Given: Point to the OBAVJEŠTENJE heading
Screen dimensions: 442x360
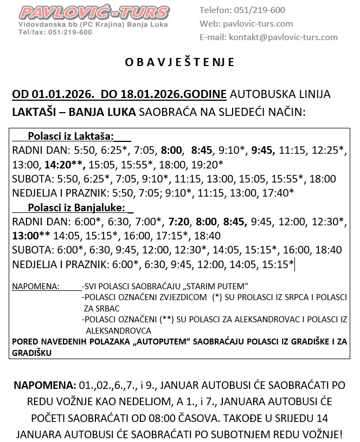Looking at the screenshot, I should (x=180, y=62).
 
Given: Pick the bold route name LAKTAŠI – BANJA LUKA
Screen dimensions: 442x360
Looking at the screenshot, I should (x=74, y=112).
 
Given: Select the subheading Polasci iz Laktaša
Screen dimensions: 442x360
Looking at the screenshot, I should (x=70, y=136).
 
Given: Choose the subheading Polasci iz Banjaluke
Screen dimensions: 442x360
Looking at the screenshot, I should (x=76, y=207).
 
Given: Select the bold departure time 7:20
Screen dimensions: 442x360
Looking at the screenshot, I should (x=179, y=222).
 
